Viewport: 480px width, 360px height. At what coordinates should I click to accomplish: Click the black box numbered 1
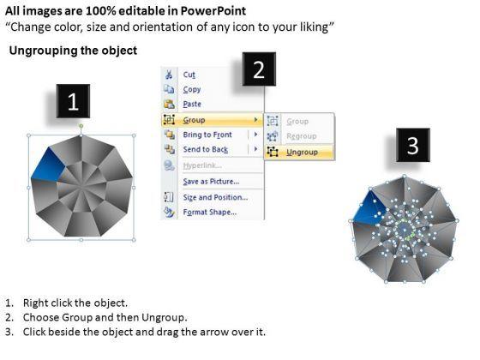pos(73,101)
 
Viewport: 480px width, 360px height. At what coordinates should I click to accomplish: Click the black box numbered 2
pos(259,69)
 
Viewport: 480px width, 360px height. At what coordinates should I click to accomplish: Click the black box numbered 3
pos(413,145)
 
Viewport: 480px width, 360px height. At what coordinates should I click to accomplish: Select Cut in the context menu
pos(189,75)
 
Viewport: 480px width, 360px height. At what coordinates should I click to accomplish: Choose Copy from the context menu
pos(192,89)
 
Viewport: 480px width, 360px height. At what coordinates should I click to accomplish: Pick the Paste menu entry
pos(192,104)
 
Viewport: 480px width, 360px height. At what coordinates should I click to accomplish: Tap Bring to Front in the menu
pos(207,135)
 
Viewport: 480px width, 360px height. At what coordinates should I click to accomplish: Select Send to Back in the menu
pos(206,149)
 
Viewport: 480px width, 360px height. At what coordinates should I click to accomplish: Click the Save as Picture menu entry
pos(211,182)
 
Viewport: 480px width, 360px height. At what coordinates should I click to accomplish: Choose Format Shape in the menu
pos(210,212)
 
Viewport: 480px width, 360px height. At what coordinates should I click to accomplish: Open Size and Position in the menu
pos(215,197)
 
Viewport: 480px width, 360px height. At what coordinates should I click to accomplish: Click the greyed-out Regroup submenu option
pos(301,136)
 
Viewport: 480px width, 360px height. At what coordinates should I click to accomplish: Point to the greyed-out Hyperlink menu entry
pos(202,165)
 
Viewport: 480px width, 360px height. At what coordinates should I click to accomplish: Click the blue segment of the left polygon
pos(48,165)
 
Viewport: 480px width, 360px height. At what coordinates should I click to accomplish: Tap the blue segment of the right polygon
pos(369,207)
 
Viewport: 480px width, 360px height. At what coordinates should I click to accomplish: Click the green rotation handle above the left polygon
pos(81,126)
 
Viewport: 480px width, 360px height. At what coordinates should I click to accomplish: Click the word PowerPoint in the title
pos(213,11)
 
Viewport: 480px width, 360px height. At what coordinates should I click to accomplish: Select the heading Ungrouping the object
pos(73,51)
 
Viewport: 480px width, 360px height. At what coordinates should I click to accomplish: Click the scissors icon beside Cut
pos(169,75)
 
